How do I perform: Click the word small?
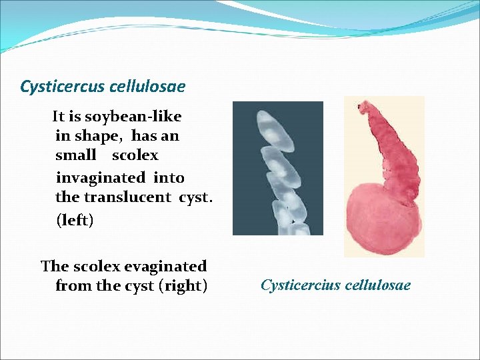[x=76, y=155]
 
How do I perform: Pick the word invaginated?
[x=100, y=178]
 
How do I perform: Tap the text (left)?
[x=75, y=220]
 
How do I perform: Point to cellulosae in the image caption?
[x=377, y=285]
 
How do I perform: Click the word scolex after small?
[x=135, y=155]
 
